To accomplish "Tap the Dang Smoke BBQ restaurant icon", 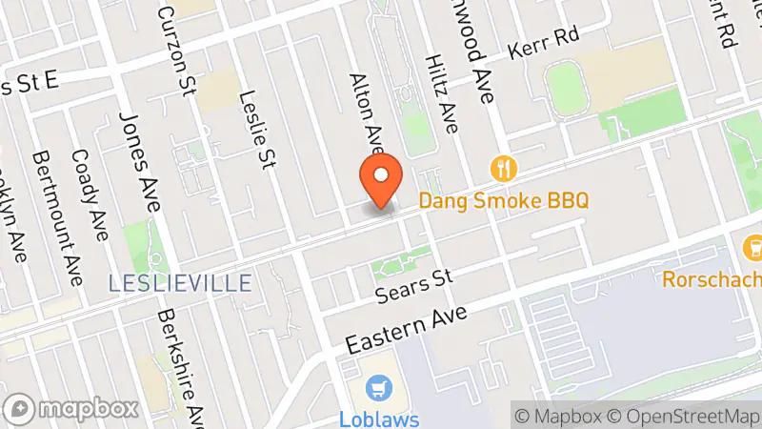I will point(503,170).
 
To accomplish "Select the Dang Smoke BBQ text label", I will point(504,200).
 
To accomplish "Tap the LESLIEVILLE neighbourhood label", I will point(180,283).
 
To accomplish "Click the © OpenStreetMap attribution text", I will point(684,416).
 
